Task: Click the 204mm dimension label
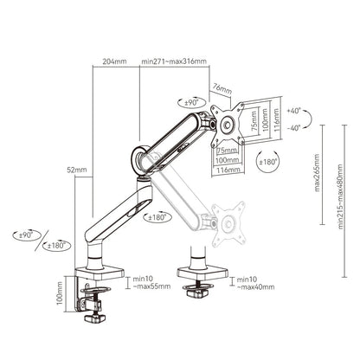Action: click(113, 62)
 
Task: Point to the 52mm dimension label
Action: click(79, 171)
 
